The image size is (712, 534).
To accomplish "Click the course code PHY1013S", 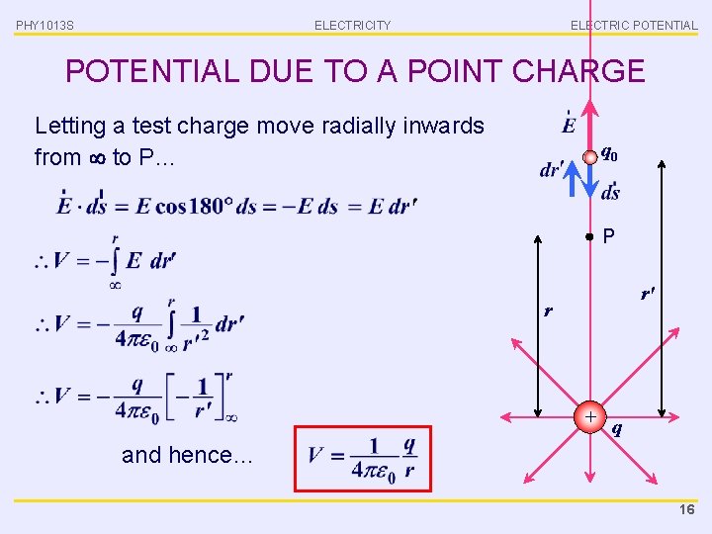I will [x=44, y=25].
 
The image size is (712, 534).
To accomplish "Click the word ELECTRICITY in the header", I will [x=352, y=25].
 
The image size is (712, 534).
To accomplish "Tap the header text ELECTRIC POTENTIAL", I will [x=633, y=25].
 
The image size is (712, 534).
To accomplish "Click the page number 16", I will [x=688, y=509].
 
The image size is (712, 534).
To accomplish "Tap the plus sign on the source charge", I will [x=590, y=417].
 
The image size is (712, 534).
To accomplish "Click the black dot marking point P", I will [x=589, y=237].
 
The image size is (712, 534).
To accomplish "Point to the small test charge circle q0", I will [x=589, y=156].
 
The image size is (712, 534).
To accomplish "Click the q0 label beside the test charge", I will [x=610, y=154].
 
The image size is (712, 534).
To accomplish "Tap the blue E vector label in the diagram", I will [x=569, y=125].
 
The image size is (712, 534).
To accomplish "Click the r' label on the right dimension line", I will [x=648, y=293].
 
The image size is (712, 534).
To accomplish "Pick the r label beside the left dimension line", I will [x=549, y=311].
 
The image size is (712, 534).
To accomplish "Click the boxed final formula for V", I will [x=362, y=458].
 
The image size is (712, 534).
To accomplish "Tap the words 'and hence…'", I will [x=187, y=455].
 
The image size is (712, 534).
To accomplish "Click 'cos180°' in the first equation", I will [x=198, y=206].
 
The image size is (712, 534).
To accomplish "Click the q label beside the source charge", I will [x=617, y=428].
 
